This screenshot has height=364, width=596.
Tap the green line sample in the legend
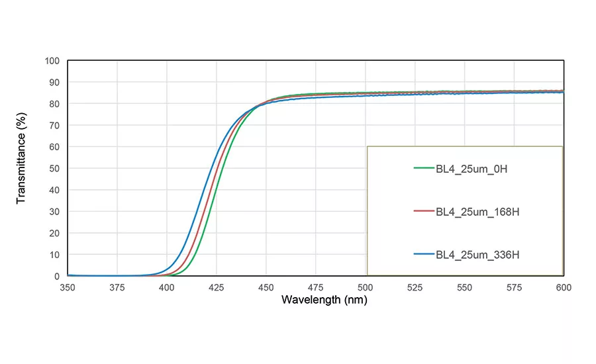(x=422, y=169)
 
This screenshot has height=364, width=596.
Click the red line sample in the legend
(x=422, y=212)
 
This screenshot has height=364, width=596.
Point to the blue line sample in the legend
(x=422, y=254)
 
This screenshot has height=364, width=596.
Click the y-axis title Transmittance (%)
(x=21, y=167)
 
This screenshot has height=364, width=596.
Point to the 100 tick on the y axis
(x=52, y=61)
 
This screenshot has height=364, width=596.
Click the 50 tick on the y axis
(x=54, y=169)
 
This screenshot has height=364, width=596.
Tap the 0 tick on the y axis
(x=57, y=276)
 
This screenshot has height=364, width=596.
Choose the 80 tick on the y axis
(x=54, y=104)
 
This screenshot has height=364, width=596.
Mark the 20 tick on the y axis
(x=54, y=233)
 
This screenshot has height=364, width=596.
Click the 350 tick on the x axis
(x=68, y=287)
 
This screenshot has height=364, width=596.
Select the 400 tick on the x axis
(x=167, y=287)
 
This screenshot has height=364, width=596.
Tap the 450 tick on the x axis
(x=266, y=287)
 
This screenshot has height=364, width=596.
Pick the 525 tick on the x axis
(x=415, y=287)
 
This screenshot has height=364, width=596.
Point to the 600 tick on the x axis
(x=563, y=287)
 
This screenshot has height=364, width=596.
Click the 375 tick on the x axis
(x=117, y=287)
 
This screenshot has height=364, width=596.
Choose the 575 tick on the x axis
(x=514, y=287)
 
